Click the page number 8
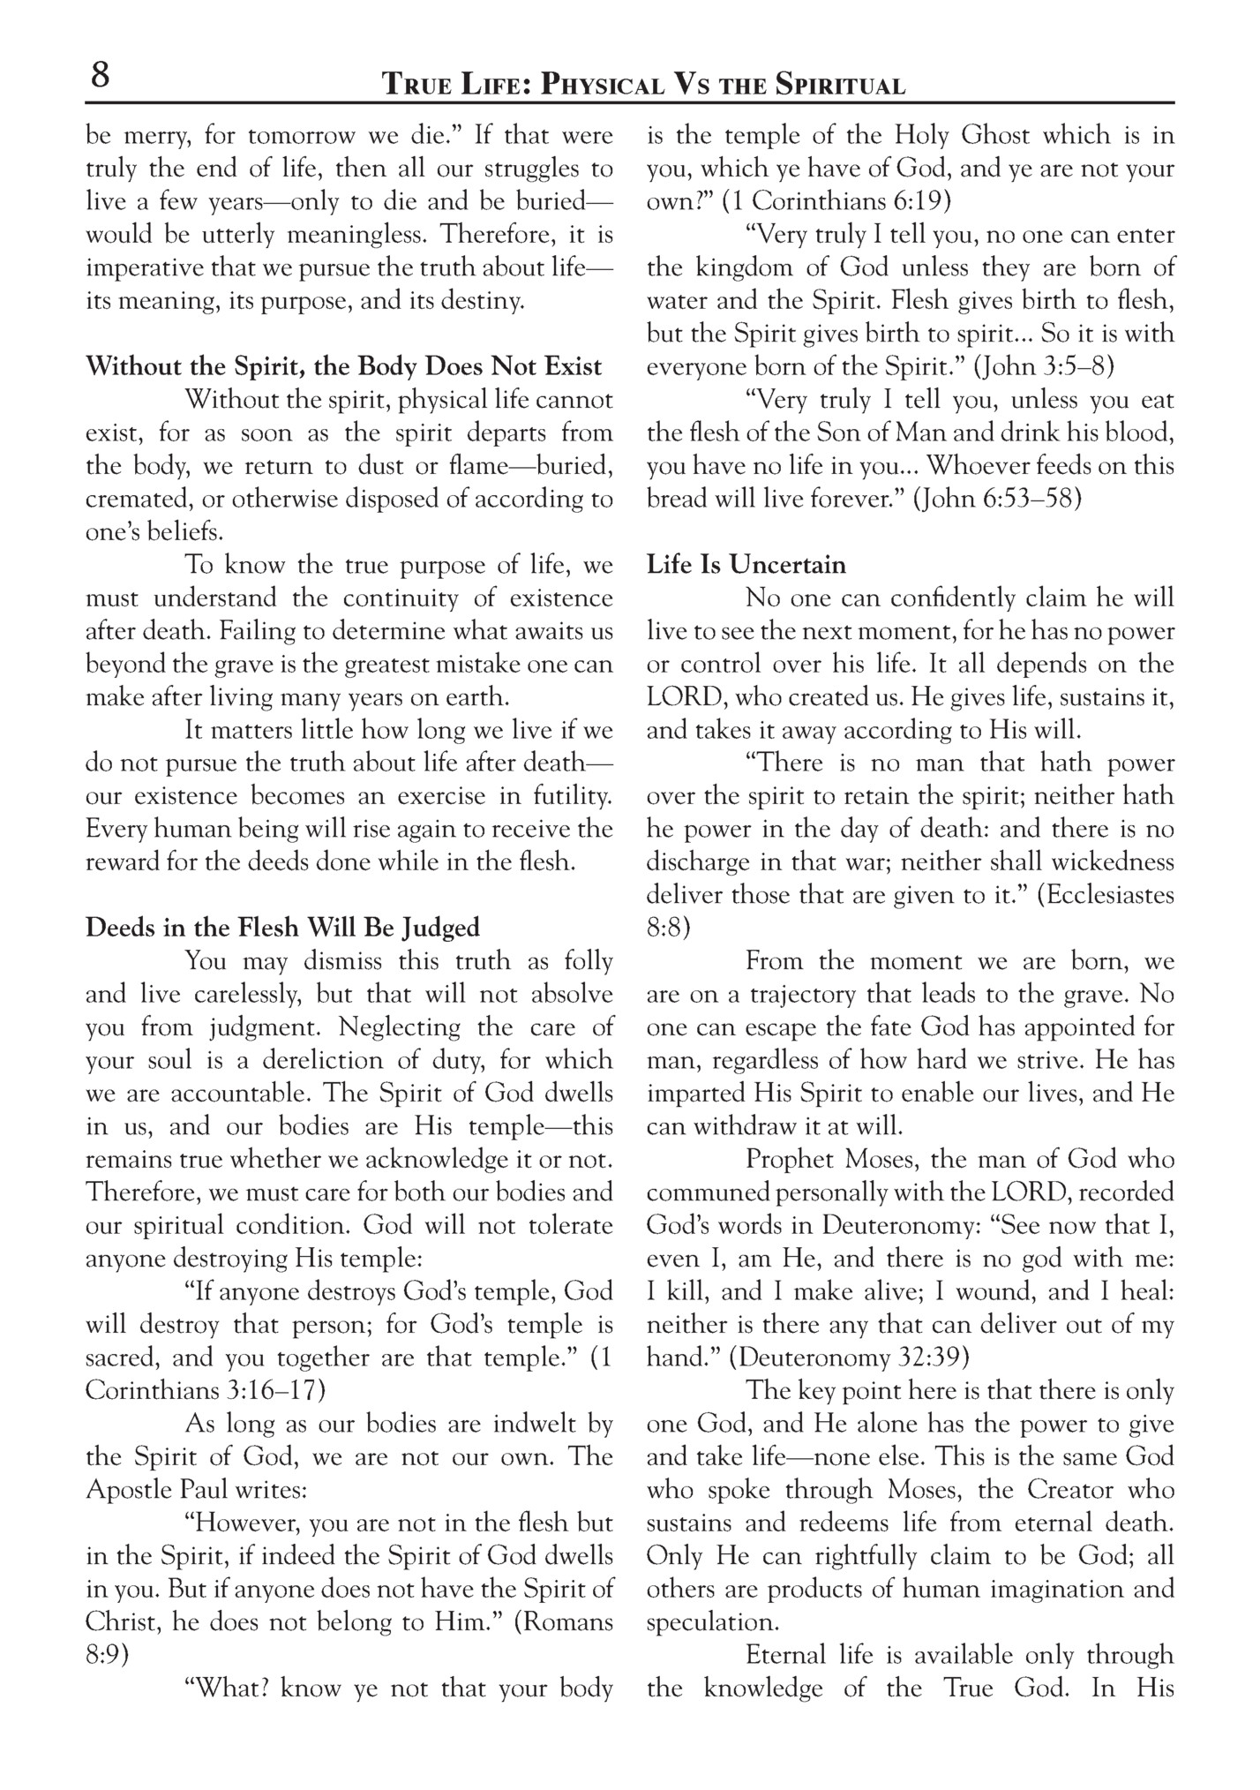click(x=101, y=76)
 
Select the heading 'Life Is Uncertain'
click(x=746, y=565)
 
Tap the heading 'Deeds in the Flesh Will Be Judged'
click(x=282, y=928)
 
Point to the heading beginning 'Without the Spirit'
click(x=344, y=367)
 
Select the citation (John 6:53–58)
click(x=997, y=500)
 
